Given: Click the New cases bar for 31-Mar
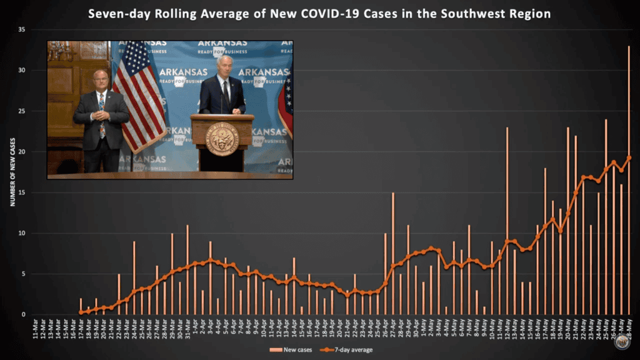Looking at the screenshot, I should (x=187, y=269).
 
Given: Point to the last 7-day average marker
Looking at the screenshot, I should (x=629, y=157).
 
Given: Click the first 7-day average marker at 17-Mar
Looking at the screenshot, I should (x=81, y=312).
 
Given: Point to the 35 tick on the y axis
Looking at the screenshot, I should (x=22, y=29).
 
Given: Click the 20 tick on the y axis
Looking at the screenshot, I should (x=22, y=152).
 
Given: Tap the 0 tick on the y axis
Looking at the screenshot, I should (x=24, y=314).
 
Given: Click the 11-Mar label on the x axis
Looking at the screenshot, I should (x=35, y=327).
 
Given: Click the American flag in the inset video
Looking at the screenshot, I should (x=139, y=94).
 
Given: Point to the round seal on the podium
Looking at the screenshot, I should (x=222, y=139).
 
